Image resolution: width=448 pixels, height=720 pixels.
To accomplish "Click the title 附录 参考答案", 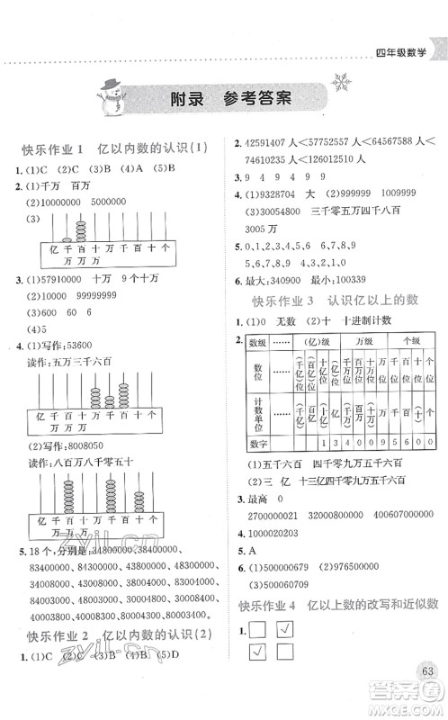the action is (x=223, y=100).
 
